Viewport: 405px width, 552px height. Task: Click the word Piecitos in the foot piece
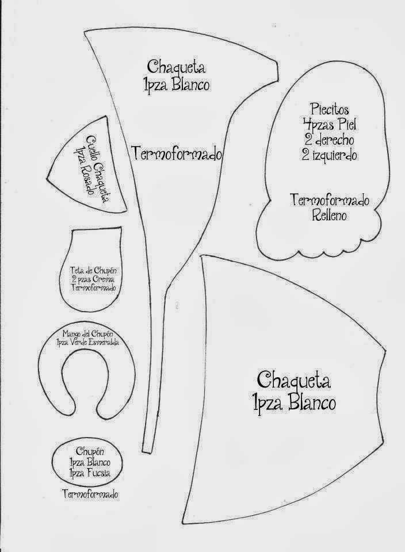coord(329,109)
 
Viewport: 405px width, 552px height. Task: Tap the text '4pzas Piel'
coord(330,124)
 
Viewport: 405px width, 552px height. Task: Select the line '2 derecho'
coord(330,140)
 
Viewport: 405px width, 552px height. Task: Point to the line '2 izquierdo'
coord(330,155)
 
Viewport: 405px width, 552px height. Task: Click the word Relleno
coord(329,215)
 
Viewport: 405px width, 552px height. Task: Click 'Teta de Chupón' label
coord(93,271)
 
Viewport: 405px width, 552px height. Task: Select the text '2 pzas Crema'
coord(93,279)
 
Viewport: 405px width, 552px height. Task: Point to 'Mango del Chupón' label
coord(87,333)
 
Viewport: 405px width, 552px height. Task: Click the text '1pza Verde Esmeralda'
coord(87,342)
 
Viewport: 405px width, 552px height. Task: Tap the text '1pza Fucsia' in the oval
coord(90,473)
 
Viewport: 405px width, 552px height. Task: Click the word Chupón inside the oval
coord(90,451)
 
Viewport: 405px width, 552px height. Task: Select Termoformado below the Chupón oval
coord(90,494)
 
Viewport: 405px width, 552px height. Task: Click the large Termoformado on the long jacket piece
coord(177,154)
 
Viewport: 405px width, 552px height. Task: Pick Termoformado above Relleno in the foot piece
coord(330,200)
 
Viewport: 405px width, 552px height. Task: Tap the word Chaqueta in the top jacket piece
coord(176,67)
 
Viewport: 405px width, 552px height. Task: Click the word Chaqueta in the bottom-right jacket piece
coord(294,380)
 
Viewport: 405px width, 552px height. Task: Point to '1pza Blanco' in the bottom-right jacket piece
coord(295,402)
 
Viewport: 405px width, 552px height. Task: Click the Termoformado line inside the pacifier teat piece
coord(93,287)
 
